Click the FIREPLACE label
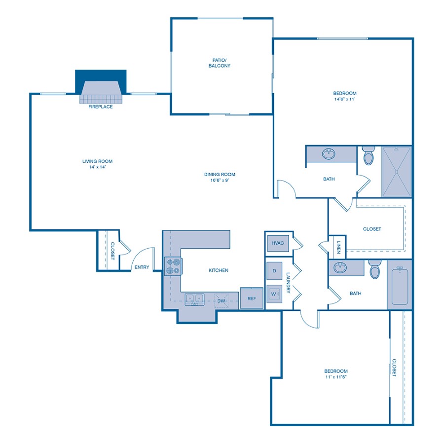coord(101,107)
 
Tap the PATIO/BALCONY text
coord(218,63)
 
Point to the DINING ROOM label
coord(220,174)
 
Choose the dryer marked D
coord(274,271)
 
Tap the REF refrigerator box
coord(252,298)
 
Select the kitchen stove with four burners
coord(173,266)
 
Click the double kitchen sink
coord(195,298)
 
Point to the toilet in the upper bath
coord(368,156)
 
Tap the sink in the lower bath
coord(340,268)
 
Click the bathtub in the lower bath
coord(400,286)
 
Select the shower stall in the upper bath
coord(397,171)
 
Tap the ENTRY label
coord(142,267)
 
